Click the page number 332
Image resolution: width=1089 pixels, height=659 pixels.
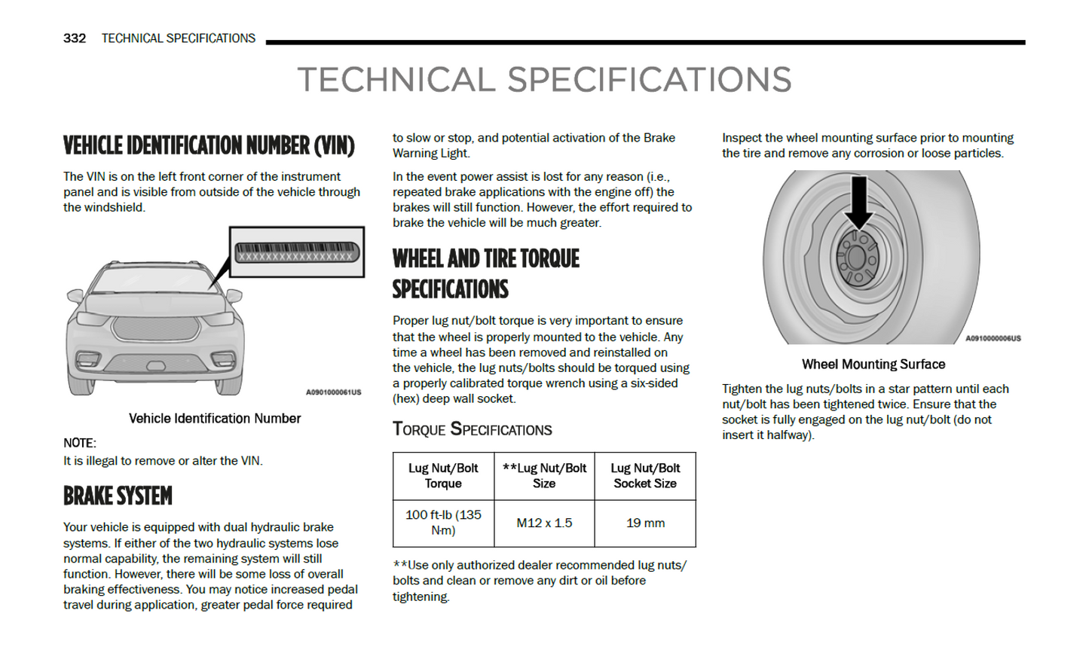74,38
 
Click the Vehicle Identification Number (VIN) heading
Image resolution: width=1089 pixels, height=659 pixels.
209,145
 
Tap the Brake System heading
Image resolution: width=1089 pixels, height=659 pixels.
118,496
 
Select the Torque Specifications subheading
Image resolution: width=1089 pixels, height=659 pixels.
472,429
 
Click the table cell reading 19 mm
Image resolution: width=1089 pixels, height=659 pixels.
645,523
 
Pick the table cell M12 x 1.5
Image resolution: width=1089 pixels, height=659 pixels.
544,523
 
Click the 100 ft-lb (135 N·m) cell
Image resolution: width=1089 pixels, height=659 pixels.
443,523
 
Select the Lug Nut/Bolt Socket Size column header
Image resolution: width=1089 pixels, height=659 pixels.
645,476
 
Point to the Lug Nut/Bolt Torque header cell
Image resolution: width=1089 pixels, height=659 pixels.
443,476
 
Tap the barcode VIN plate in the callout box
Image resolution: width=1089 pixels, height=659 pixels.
296,252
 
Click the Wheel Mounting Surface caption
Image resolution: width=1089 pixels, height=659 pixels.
873,365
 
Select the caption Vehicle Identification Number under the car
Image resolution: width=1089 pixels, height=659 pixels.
215,419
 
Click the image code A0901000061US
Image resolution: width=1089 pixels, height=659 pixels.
333,392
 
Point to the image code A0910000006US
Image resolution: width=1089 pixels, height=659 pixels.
993,339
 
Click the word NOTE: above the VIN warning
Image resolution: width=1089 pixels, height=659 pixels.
80,443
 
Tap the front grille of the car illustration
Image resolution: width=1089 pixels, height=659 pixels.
156,328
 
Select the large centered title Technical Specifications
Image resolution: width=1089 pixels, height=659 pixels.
544,80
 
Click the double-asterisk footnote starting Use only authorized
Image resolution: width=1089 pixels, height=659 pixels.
539,581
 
